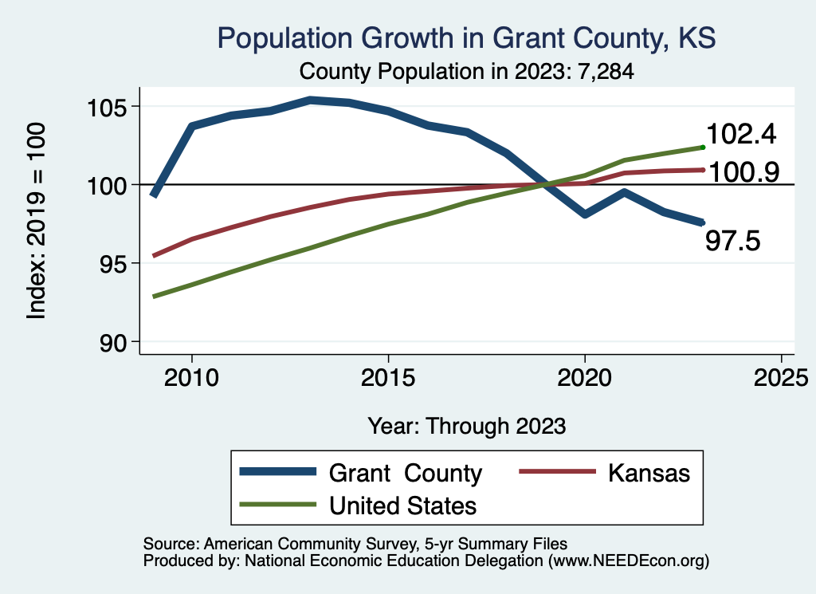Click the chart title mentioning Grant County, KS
tap(466, 37)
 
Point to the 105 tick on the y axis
tap(108, 107)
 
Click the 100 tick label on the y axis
tap(108, 185)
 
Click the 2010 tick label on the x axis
tap(191, 377)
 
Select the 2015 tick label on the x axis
tap(388, 377)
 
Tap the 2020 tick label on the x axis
tap(584, 377)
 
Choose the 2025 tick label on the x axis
tap(781, 377)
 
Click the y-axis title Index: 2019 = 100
tap(37, 222)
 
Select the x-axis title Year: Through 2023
tap(467, 426)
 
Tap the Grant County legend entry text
tap(406, 473)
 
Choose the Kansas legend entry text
tap(649, 473)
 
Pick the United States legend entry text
tap(402, 505)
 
